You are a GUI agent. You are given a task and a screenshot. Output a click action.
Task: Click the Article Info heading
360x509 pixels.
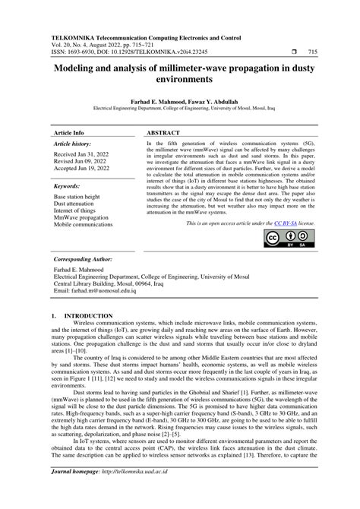pos(70,131)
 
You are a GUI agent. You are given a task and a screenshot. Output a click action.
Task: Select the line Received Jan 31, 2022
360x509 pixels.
pos(81,154)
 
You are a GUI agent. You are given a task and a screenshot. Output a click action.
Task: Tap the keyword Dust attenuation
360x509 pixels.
pos(75,204)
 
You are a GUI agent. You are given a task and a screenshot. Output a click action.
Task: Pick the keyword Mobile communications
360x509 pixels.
pos(84,225)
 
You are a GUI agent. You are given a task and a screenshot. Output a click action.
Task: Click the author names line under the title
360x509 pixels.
pos(180,100)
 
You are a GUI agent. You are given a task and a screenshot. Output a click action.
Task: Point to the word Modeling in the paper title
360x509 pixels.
pos(77,67)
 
